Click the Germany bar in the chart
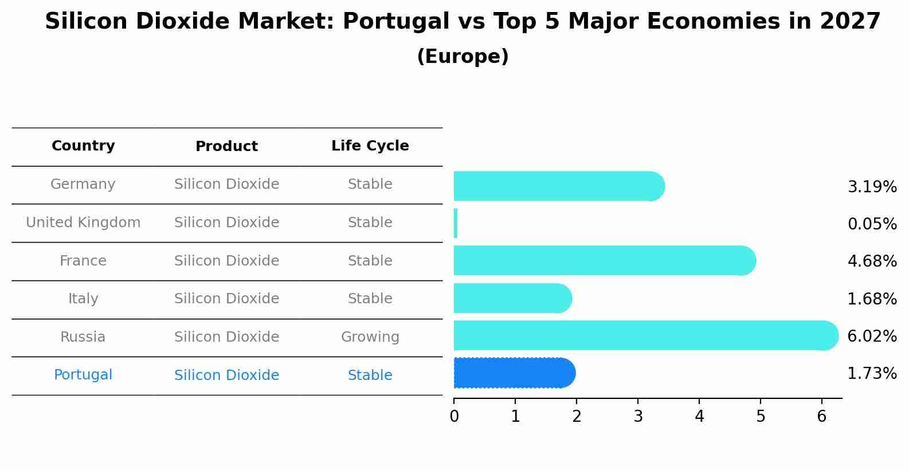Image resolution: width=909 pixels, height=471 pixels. (559, 186)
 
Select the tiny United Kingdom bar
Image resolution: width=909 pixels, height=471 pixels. (456, 223)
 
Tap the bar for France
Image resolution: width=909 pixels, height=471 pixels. (605, 260)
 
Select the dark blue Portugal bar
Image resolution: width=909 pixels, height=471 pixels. (514, 373)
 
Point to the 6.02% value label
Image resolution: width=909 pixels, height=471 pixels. (872, 336)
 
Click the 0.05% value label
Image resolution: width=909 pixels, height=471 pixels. (872, 224)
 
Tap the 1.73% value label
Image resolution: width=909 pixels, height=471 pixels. (872, 374)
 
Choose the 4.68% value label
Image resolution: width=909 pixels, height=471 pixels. (872, 261)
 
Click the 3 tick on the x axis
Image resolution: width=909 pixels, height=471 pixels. (638, 417)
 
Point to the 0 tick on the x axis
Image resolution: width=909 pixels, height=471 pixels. (454, 417)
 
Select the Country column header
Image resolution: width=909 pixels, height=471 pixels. (83, 146)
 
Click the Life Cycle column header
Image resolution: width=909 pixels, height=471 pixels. (370, 146)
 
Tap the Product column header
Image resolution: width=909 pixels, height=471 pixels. (226, 147)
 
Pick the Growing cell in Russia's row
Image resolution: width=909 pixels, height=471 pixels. (370, 337)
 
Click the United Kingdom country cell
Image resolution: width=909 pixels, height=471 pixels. (83, 223)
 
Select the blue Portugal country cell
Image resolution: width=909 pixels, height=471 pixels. (83, 375)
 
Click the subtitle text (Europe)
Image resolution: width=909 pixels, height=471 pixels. (463, 57)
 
